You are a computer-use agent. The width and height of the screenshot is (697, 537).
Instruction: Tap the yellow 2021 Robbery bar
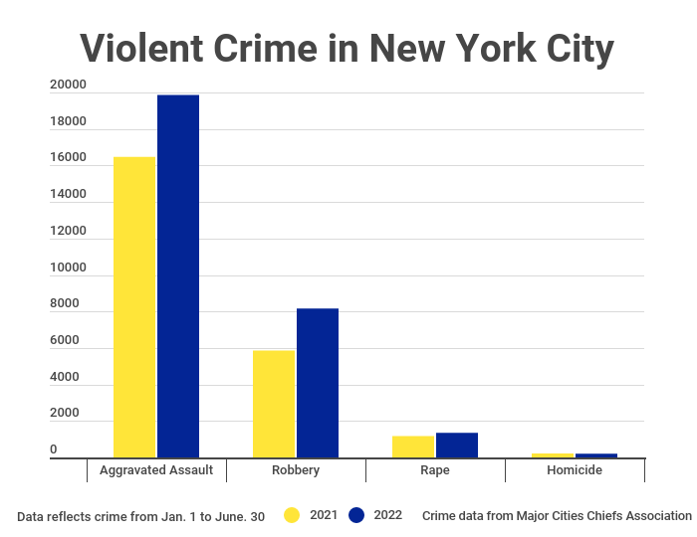pos(274,403)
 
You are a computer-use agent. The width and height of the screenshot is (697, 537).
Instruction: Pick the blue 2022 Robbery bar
pos(318,382)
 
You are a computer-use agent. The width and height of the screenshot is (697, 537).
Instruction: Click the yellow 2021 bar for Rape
pos(413,447)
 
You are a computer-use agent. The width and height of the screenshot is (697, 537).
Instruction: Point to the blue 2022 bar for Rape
pos(457,445)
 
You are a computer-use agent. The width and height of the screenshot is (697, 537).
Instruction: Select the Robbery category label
pos(296,470)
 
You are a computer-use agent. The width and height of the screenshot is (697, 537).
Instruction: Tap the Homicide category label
pos(575,470)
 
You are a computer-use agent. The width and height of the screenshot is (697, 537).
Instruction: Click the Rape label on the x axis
pos(435,470)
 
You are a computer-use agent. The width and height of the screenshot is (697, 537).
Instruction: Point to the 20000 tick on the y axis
pos(68,86)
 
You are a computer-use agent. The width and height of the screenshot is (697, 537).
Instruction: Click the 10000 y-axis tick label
pos(68,268)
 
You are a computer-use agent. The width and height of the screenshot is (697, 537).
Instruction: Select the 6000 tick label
pos(68,341)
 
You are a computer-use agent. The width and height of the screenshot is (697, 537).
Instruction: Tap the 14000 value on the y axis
pos(68,195)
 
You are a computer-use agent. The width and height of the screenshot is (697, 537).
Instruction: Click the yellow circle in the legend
pos(292,515)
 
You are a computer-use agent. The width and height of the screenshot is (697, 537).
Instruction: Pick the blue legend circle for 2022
pos(356,515)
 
